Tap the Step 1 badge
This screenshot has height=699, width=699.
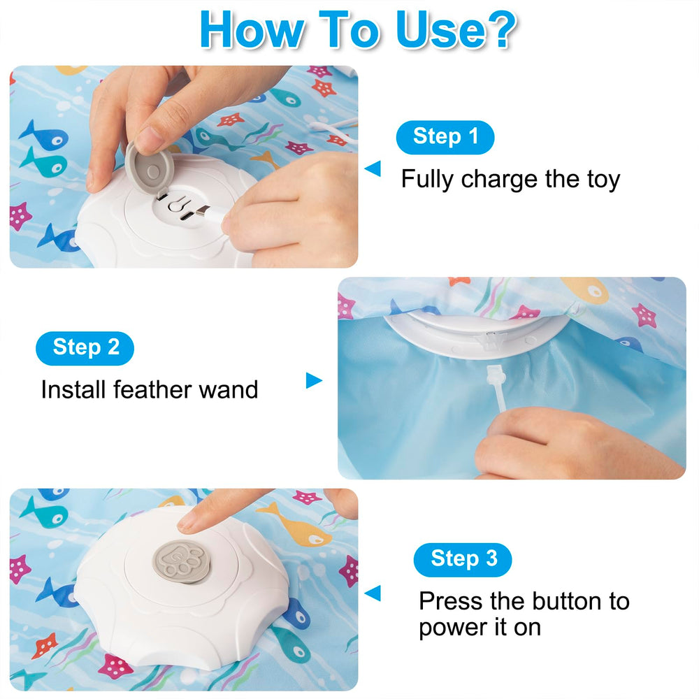point(445,137)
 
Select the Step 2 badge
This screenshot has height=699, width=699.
point(85,348)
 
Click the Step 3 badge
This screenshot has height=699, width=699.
point(463,559)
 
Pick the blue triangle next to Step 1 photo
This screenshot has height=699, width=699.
point(373,168)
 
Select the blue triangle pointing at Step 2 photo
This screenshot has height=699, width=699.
point(314,380)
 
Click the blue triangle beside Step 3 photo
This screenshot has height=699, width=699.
point(373,593)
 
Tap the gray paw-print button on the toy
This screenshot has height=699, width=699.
point(182,562)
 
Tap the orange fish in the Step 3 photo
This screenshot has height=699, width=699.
point(295,525)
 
